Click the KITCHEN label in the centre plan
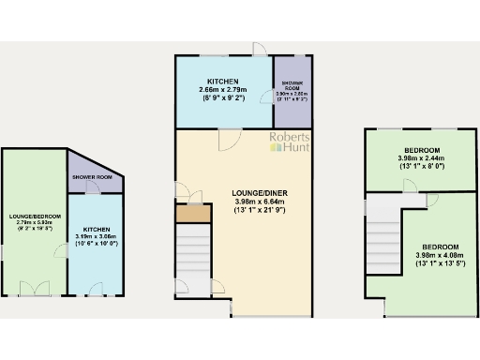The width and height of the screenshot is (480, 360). pyautogui.click(x=223, y=81)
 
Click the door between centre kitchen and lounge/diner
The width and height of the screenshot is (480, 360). pyautogui.click(x=226, y=138)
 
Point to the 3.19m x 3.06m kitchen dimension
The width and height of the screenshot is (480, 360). pyautogui.click(x=97, y=240)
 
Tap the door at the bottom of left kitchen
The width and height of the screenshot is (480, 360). pyautogui.click(x=97, y=287)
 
